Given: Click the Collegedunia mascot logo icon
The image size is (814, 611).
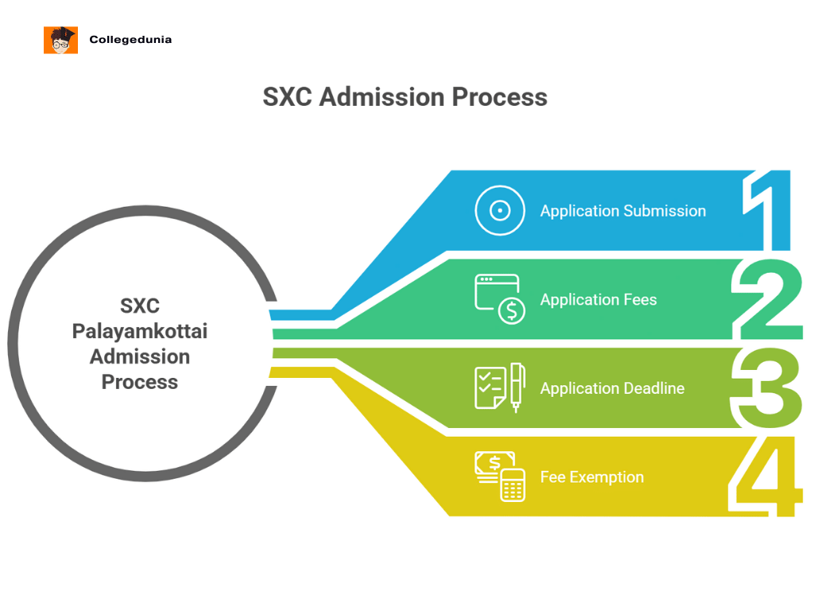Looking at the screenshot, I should (x=60, y=40).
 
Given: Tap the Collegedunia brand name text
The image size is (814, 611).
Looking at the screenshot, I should (x=130, y=39).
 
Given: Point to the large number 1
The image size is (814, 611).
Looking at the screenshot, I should (x=769, y=211).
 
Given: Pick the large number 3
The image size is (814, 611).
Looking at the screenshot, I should (x=766, y=388).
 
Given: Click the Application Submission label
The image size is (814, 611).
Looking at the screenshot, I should (x=623, y=211).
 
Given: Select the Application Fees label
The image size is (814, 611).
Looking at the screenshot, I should (x=599, y=300).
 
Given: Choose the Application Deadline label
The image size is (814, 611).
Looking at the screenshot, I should (x=612, y=388).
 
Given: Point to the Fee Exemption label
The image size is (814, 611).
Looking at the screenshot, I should (x=592, y=477).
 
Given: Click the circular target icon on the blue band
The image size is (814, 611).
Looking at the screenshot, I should (x=500, y=211).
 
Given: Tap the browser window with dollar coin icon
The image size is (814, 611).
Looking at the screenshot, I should (x=500, y=299).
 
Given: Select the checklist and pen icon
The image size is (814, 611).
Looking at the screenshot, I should (x=500, y=388).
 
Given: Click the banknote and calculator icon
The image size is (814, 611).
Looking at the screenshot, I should (x=500, y=477).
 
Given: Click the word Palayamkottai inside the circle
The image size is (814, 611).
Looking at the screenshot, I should (x=139, y=331).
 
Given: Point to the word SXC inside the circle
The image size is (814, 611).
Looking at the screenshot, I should (x=139, y=305).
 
